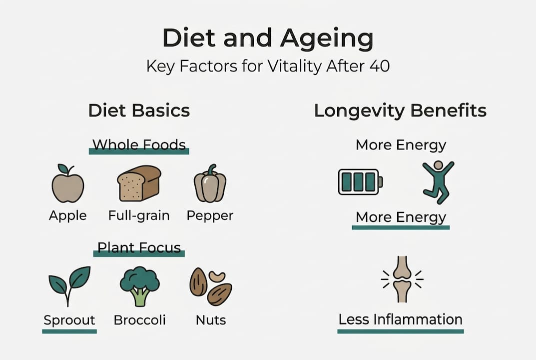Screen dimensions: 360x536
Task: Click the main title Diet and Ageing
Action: (x=268, y=39)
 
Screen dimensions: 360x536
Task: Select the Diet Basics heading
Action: (x=139, y=110)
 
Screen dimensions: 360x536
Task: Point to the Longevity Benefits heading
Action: (x=400, y=110)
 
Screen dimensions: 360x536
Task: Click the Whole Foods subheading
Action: (x=139, y=145)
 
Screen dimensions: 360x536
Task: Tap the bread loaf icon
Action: (x=139, y=183)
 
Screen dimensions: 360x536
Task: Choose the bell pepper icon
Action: (x=210, y=183)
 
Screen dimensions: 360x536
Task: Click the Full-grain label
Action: (x=139, y=215)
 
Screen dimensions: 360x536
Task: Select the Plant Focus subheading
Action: (x=139, y=247)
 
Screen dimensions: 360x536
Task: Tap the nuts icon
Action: (x=210, y=287)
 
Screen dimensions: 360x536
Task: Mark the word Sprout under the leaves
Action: (x=69, y=320)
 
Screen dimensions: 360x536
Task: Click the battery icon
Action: (x=360, y=181)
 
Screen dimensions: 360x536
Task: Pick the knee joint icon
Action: (x=402, y=279)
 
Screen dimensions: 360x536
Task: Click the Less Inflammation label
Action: (x=400, y=319)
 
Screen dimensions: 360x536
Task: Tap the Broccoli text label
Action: (x=139, y=320)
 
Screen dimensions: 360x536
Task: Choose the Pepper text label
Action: (x=210, y=215)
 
